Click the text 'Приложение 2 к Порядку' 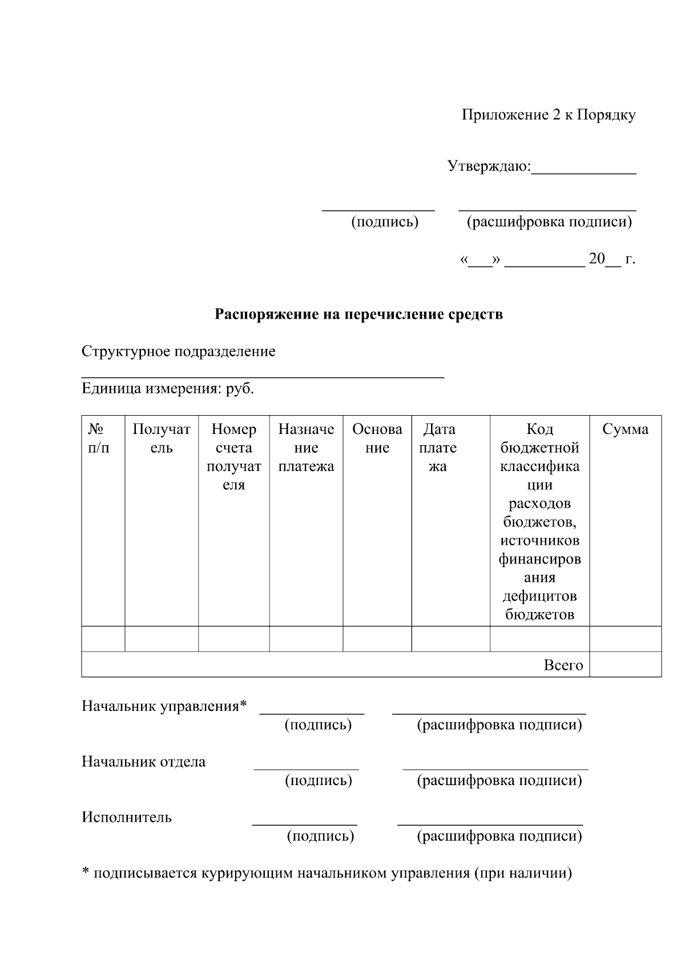(x=548, y=115)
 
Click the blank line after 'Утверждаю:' (x=583, y=169)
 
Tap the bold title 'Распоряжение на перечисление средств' (x=358, y=314)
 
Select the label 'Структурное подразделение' (x=178, y=351)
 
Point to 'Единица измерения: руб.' (x=168, y=389)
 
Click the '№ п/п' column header (x=99, y=439)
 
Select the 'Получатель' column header (x=162, y=439)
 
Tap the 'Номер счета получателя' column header (x=233, y=457)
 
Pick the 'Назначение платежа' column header (x=306, y=448)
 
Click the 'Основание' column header (x=377, y=439)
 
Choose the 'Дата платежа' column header (x=438, y=448)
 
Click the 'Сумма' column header (x=625, y=429)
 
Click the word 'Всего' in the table (x=563, y=665)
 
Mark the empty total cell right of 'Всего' (x=625, y=665)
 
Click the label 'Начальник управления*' (x=164, y=706)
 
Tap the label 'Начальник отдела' (x=143, y=762)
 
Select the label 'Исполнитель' (x=126, y=817)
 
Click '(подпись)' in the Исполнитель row (x=320, y=837)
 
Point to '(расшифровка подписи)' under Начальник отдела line (x=499, y=781)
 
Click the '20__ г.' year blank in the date (x=611, y=259)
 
